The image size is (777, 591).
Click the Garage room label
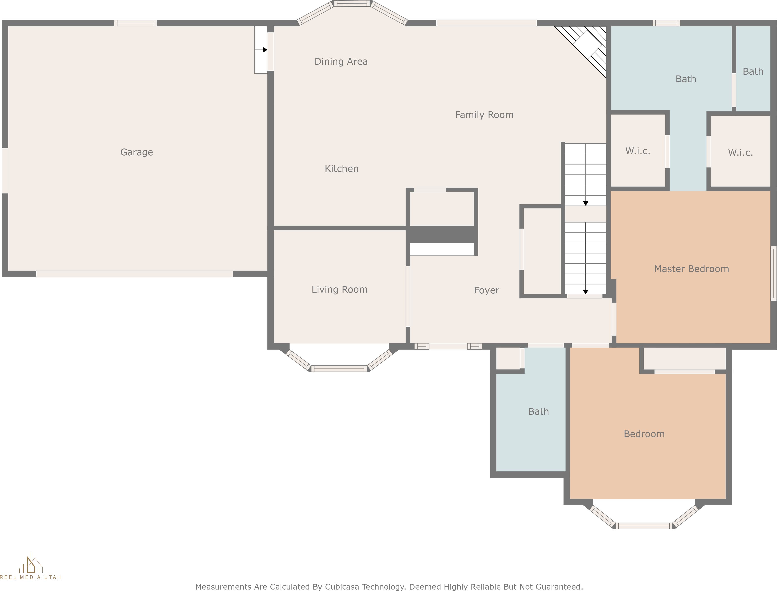[x=136, y=152]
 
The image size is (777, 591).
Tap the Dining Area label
[x=341, y=62]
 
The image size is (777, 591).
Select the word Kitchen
[x=341, y=168]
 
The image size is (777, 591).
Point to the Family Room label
[x=484, y=115]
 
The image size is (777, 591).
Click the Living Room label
[x=339, y=289]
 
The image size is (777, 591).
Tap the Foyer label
[x=486, y=290]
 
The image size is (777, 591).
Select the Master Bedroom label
[x=691, y=269]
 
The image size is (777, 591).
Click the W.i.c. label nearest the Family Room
[x=637, y=151]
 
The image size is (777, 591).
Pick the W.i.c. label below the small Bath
[x=740, y=153]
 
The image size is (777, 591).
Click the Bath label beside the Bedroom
[x=538, y=411]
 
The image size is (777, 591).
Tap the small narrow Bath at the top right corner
[x=753, y=71]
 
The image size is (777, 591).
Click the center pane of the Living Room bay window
[x=339, y=369]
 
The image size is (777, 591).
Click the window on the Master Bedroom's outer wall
[x=773, y=273]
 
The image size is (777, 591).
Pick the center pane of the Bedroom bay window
[x=644, y=526]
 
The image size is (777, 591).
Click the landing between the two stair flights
[x=585, y=214]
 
